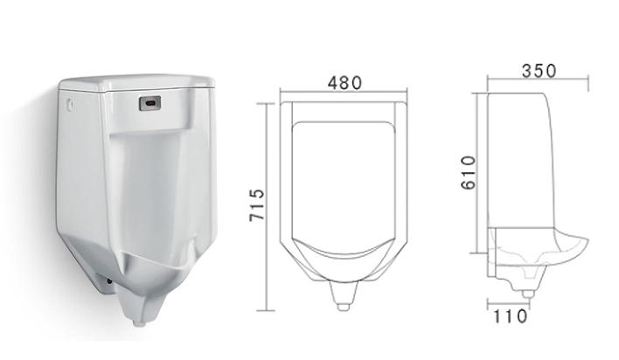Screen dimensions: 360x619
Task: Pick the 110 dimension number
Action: [510, 316]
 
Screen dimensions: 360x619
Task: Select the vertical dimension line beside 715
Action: [268, 205]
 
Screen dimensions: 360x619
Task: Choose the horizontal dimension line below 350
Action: [537, 81]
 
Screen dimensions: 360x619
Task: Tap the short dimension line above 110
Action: [509, 303]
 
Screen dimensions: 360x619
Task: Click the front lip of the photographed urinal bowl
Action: [157, 262]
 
